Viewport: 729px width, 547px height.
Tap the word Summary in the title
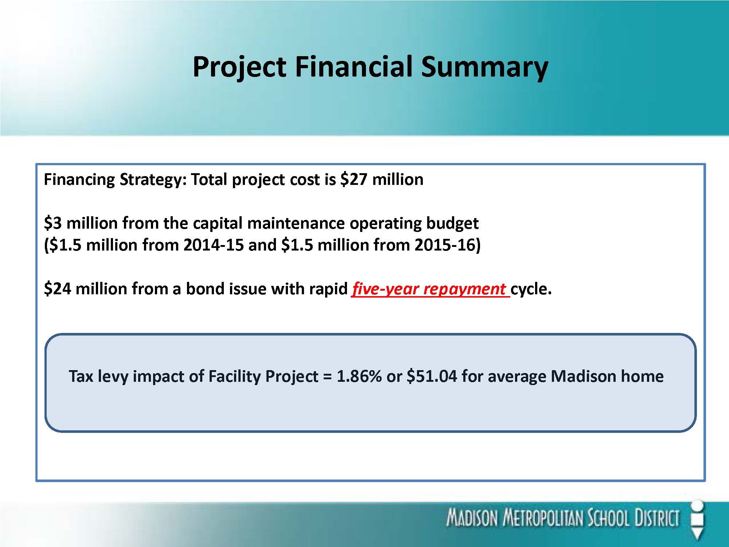pyautogui.click(x=484, y=67)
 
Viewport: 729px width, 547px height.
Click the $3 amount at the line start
pyautogui.click(x=53, y=223)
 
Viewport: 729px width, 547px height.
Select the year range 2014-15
pyautogui.click(x=213, y=245)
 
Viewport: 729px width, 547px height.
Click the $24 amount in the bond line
pyautogui.click(x=57, y=288)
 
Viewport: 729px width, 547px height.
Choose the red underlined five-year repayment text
pyautogui.click(x=430, y=289)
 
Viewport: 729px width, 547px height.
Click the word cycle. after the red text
pyautogui.click(x=531, y=289)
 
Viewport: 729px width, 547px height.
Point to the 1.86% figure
pyautogui.click(x=359, y=376)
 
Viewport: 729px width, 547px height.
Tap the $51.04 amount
pyautogui.click(x=432, y=376)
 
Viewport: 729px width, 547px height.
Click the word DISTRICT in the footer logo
pyautogui.click(x=657, y=518)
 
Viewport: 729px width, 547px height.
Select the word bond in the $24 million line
pyautogui.click(x=204, y=289)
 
